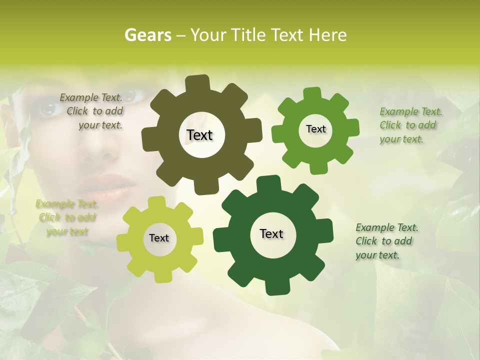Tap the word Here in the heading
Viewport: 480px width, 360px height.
[x=328, y=35]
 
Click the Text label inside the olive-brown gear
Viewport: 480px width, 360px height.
[x=199, y=135]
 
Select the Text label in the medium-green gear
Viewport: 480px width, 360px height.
[x=315, y=129]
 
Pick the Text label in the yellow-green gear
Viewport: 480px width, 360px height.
[x=159, y=238]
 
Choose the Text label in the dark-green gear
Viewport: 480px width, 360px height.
[x=271, y=233]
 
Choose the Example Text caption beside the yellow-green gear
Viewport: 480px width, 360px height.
[x=66, y=217]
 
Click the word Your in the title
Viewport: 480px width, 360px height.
[x=208, y=35]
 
